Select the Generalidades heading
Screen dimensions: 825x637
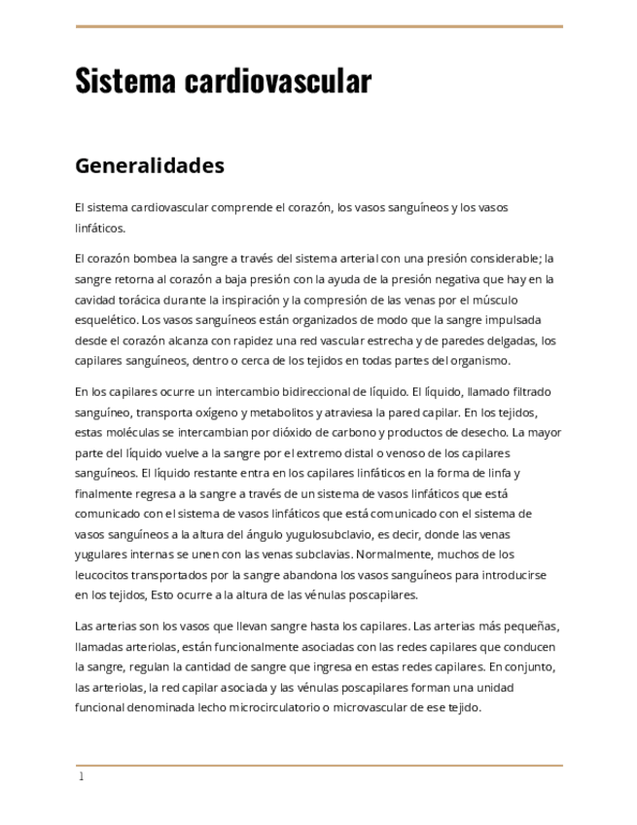click(150, 165)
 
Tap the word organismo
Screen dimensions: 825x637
click(478, 361)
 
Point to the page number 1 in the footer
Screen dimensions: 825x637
click(82, 776)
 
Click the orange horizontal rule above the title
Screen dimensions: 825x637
click(319, 26)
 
